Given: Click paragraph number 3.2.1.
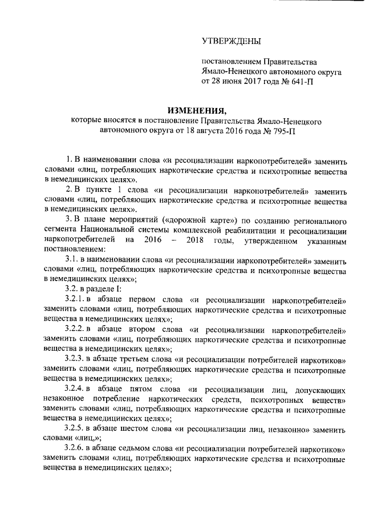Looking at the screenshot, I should point(75,299).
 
